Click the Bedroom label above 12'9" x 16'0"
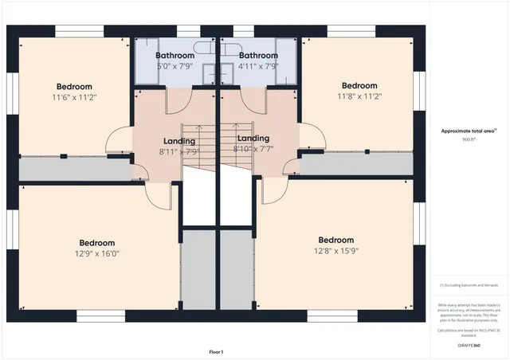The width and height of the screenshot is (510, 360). (x=96, y=243)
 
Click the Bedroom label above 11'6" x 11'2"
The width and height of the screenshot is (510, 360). (x=74, y=86)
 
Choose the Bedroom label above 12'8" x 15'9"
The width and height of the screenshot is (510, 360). (x=335, y=240)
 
